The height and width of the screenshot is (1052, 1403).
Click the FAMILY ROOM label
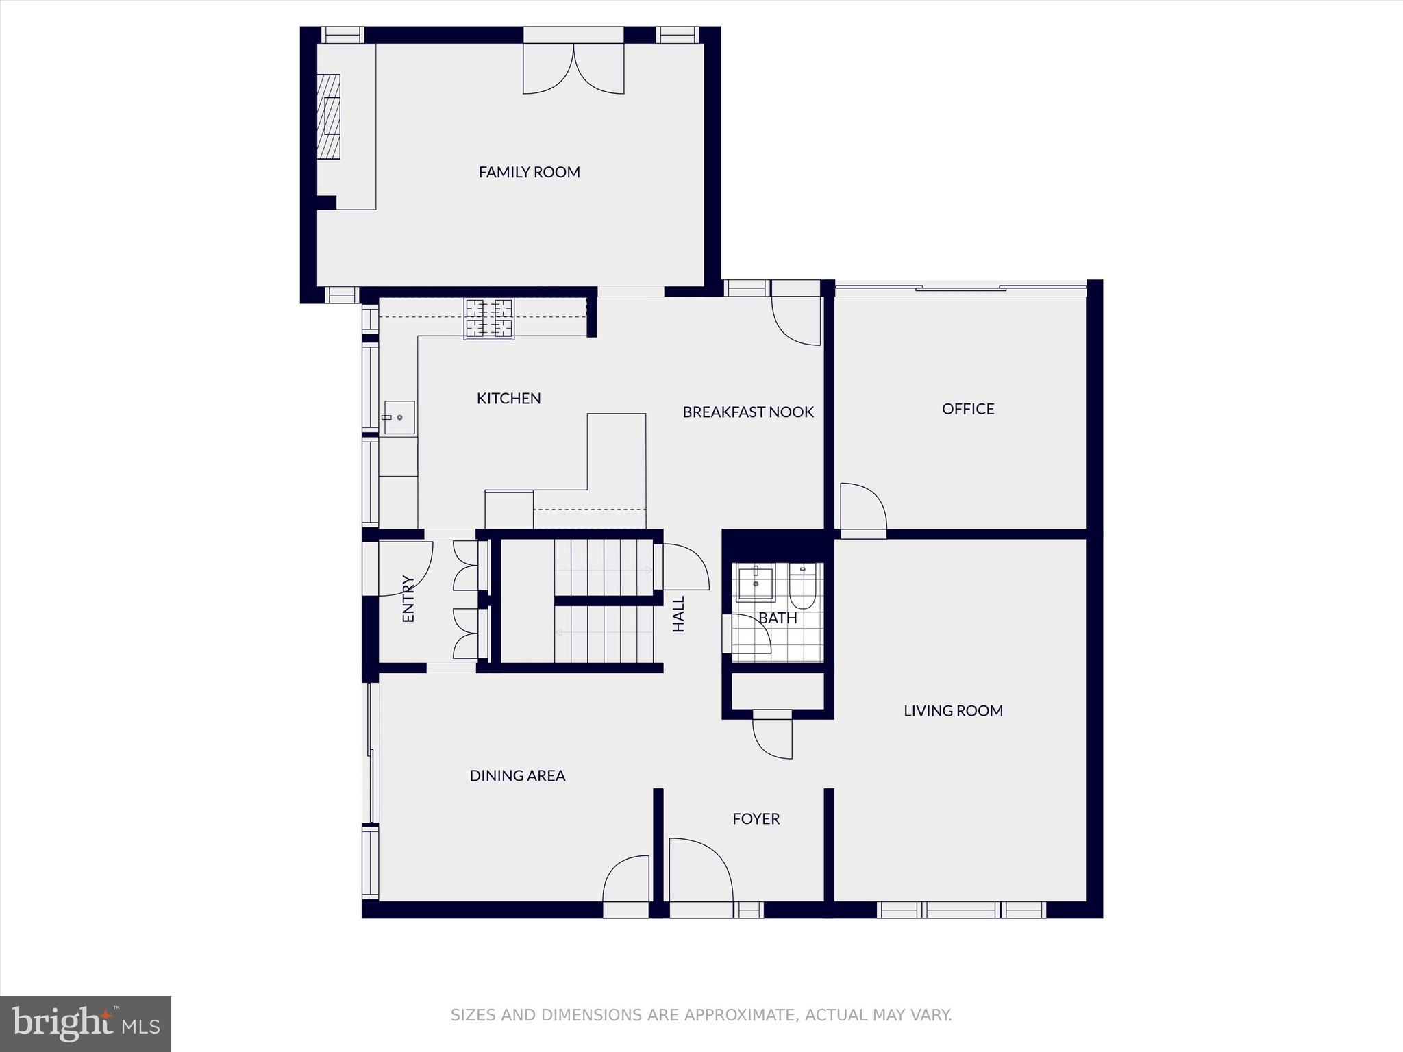click(529, 172)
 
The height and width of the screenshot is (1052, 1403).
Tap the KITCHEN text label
click(508, 398)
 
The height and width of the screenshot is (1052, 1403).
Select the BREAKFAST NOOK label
click(748, 412)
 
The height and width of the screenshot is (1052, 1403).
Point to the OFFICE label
click(967, 409)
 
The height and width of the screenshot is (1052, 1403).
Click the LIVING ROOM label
click(953, 710)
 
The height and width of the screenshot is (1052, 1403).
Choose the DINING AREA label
click(517, 775)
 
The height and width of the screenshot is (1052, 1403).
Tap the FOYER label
click(756, 818)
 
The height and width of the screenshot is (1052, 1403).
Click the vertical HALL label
click(678, 614)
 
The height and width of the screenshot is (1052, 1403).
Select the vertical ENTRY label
click(408, 599)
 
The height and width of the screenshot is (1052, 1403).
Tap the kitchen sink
click(399, 417)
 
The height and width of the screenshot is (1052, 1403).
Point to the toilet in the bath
click(802, 588)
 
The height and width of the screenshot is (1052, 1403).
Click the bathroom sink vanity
click(755, 584)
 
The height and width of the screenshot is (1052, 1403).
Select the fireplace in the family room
click(329, 116)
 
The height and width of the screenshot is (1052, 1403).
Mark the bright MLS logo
click(86, 1023)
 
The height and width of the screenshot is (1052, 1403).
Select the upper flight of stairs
click(603, 568)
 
